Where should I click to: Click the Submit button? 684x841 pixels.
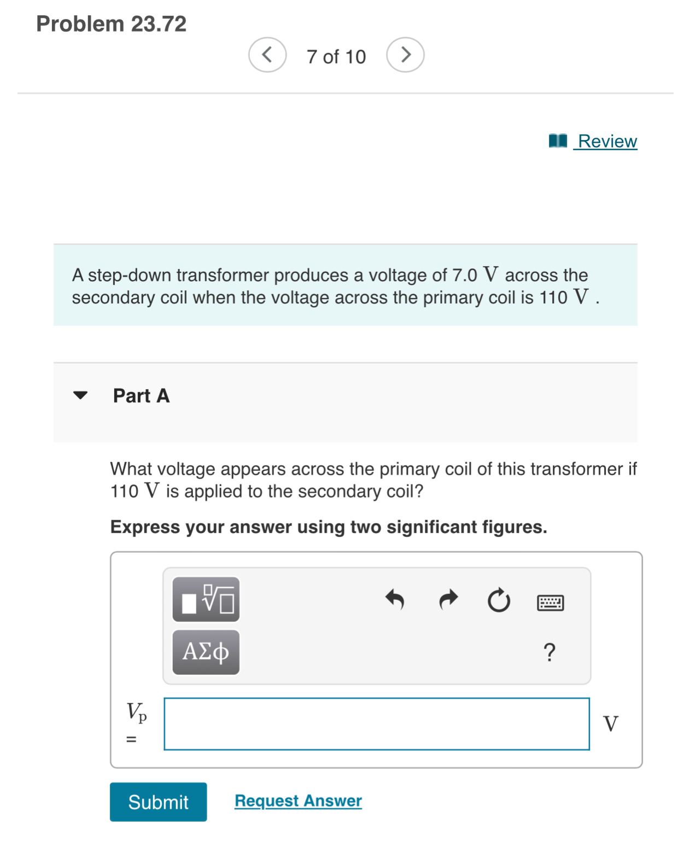point(158,802)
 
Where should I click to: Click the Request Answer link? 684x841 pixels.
point(298,801)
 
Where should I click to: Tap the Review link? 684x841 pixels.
point(607,141)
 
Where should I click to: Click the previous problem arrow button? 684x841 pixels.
point(267,55)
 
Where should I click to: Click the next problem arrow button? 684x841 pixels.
point(405,55)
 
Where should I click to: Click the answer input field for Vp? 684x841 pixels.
point(376,723)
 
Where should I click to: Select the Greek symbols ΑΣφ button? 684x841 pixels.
point(206,652)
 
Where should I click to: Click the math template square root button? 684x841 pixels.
point(206,599)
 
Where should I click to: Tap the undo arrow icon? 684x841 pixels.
point(394,600)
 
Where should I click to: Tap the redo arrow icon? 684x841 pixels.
point(448,600)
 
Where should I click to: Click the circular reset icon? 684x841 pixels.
point(499,601)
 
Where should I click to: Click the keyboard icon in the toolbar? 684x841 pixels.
point(550,603)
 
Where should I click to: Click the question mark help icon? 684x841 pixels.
point(549,652)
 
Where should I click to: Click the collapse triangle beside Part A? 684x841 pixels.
point(80,395)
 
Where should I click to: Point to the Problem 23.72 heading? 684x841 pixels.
point(111,24)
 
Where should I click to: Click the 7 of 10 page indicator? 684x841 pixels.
point(336,56)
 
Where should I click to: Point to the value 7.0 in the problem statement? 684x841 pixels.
point(464,275)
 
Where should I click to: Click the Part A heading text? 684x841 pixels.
point(141,395)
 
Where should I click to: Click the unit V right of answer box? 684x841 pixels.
point(610,723)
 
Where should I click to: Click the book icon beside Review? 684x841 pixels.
point(558,141)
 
